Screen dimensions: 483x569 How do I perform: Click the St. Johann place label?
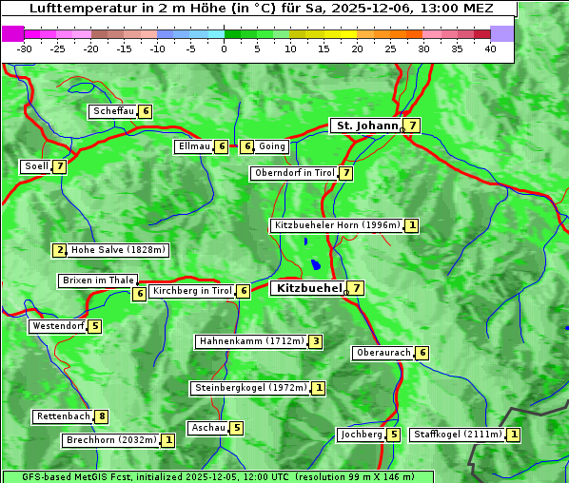[365, 126]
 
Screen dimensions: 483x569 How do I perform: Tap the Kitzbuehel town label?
[307, 288]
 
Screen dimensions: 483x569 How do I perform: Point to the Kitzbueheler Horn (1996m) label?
[336, 225]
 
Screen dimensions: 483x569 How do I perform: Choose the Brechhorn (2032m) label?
[111, 440]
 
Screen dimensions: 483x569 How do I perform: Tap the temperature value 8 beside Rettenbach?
[102, 416]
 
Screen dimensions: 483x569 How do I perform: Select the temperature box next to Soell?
[60, 166]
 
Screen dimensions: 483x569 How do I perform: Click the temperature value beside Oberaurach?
[422, 353]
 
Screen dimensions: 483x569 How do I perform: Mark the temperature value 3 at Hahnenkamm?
[316, 341]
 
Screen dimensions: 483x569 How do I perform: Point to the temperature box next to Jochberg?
[394, 435]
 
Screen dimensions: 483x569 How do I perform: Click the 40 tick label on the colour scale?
[490, 48]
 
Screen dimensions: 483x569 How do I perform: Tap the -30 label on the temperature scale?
[25, 48]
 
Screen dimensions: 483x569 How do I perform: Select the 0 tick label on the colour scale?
[225, 48]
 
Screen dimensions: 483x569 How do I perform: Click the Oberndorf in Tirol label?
[295, 173]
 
